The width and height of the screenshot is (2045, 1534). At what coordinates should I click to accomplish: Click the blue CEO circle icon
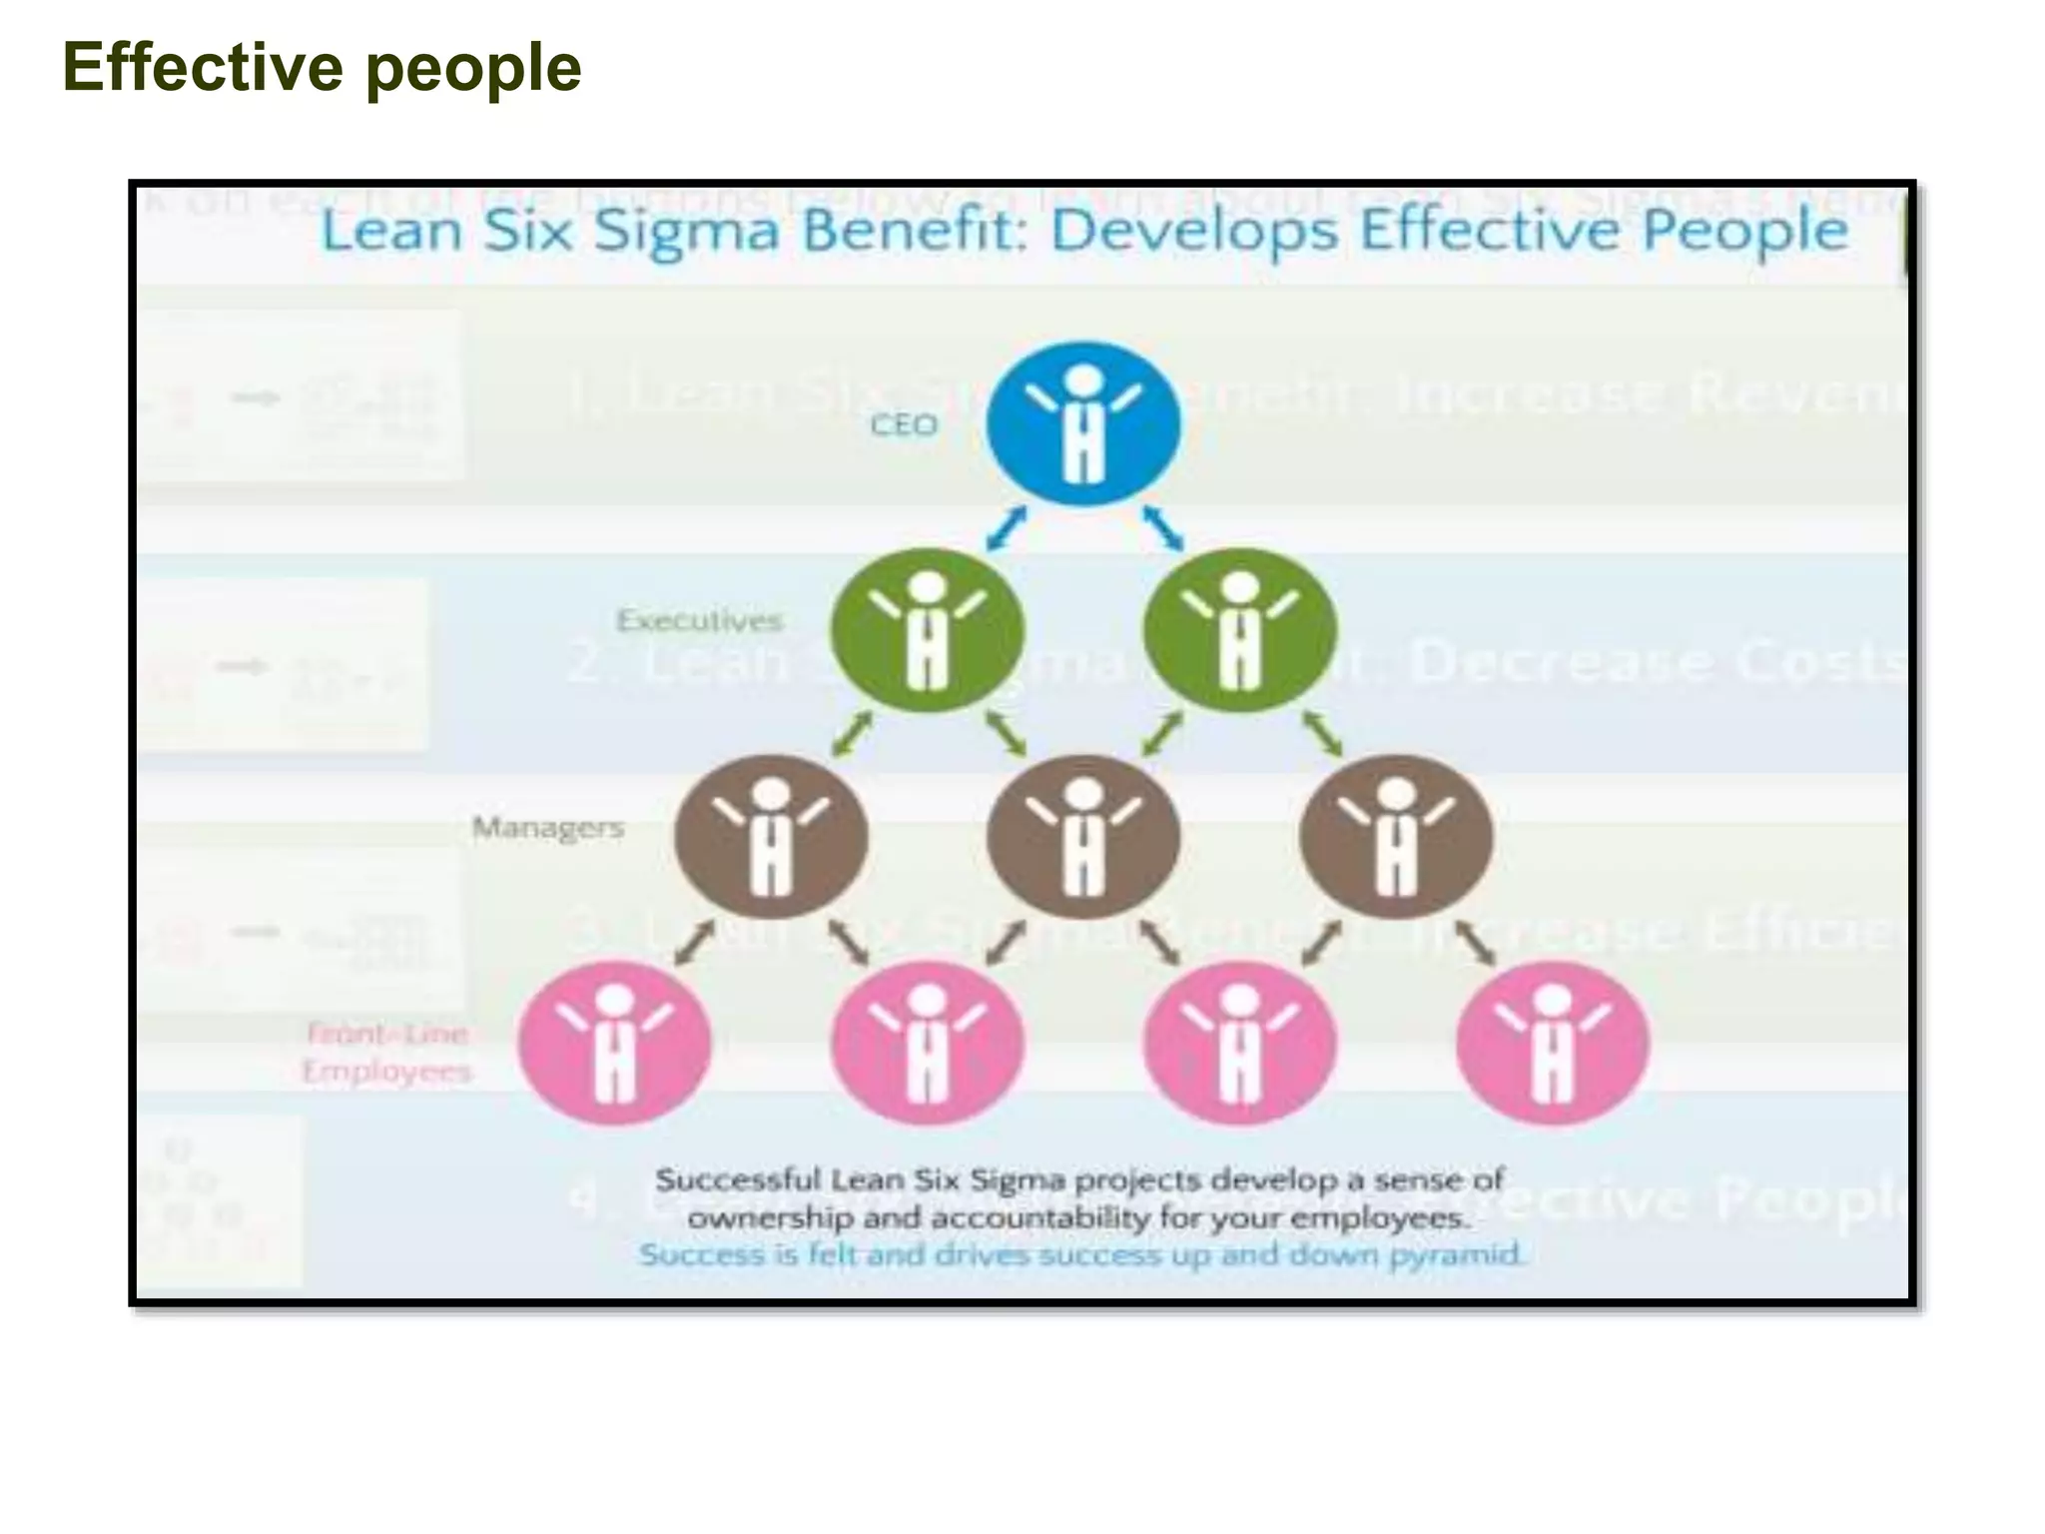pos(1082,423)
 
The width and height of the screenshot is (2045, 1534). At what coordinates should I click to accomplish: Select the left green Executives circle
pos(927,630)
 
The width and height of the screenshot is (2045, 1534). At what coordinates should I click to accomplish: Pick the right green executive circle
pos(1239,630)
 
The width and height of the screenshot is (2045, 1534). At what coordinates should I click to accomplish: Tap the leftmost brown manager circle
pos(771,837)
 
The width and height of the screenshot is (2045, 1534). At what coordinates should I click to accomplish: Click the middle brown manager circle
pos(1083,837)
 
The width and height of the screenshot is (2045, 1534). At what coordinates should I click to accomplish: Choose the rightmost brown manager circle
pos(1396,837)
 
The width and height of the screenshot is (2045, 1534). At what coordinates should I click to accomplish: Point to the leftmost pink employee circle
pos(615,1043)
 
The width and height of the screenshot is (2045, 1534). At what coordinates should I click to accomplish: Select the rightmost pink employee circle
pos(1552,1043)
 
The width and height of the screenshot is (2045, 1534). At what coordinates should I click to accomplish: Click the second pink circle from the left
pos(928,1043)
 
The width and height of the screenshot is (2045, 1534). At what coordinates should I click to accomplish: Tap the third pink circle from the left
pos(1239,1043)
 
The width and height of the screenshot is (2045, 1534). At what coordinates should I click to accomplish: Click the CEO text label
pos(904,425)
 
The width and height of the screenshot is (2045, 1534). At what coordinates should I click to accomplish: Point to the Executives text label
pos(699,620)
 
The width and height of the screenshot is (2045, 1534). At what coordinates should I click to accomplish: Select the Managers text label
pos(548,828)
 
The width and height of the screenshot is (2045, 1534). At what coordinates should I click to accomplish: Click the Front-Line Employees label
pos(386,1052)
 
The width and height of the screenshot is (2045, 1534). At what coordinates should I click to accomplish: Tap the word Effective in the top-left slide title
pos(203,68)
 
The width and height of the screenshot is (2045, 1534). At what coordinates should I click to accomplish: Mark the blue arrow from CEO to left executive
pos(1007,527)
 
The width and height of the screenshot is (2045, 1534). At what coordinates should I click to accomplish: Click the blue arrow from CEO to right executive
pos(1162,527)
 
